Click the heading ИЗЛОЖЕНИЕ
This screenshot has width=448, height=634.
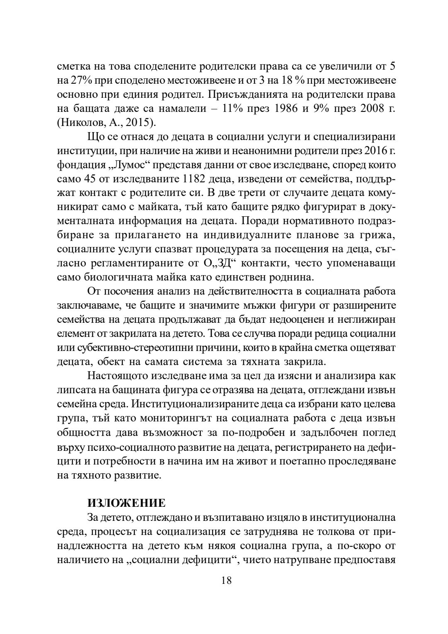point(126,503)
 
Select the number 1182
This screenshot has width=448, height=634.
point(195,179)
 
